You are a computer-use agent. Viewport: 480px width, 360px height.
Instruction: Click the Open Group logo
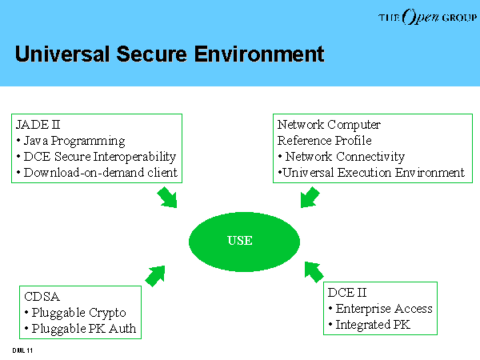427,17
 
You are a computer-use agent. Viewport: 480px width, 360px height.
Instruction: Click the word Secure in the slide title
151,54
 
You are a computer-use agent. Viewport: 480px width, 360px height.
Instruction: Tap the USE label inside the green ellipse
240,241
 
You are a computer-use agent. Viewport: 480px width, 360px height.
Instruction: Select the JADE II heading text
38,125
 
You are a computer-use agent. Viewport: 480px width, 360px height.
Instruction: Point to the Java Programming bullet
70,141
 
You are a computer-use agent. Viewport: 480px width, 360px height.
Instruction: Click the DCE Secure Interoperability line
97,157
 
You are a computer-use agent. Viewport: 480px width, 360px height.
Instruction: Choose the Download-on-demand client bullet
97,173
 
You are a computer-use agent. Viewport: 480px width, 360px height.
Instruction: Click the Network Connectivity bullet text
342,157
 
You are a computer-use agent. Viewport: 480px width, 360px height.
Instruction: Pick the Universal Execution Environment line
371,173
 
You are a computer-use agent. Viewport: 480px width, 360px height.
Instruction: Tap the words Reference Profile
325,141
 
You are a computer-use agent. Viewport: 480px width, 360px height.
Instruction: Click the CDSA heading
42,297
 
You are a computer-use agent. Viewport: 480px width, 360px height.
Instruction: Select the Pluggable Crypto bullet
75,313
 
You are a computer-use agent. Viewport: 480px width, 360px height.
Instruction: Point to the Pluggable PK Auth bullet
80,329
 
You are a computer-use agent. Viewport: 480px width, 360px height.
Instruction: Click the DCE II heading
347,293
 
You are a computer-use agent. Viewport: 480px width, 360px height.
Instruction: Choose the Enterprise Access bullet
381,309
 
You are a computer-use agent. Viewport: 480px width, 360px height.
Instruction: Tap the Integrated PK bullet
369,325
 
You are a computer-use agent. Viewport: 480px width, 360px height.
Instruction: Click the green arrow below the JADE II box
167,197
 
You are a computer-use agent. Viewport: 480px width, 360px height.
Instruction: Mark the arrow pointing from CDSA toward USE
155,276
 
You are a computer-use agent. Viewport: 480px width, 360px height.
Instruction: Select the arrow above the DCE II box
314,272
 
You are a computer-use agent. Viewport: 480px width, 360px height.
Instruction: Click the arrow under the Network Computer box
310,197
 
